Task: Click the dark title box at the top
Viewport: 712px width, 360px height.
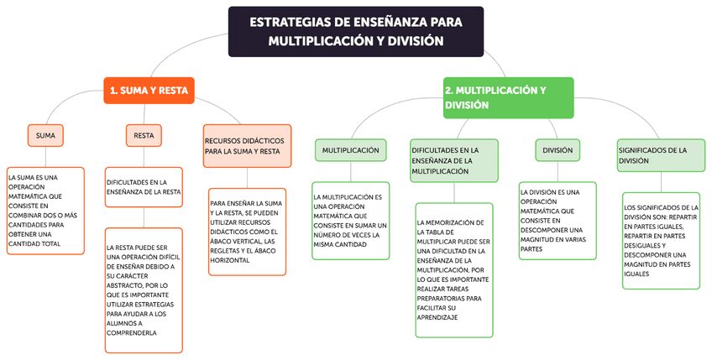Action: pos(355,32)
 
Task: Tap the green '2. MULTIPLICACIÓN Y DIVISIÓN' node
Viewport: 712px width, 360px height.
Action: pos(508,97)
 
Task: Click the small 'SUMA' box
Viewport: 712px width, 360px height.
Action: pos(46,134)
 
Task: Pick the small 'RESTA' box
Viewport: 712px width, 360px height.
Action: pos(144,134)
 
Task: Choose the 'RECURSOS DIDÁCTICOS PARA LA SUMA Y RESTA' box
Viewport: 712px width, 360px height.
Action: pos(247,146)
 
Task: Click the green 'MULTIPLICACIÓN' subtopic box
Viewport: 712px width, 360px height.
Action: pos(351,150)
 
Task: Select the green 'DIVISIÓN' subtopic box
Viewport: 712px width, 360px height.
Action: pos(558,150)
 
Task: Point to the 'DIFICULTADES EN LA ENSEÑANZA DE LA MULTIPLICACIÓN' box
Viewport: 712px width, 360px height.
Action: pos(454,159)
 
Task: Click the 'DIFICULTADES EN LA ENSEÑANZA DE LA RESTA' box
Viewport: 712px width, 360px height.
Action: pos(144,186)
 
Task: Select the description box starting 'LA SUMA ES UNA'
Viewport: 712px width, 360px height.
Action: pos(45,210)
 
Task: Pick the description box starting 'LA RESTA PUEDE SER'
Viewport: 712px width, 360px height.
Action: pos(144,290)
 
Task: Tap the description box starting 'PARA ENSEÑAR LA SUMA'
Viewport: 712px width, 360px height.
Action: pos(247,232)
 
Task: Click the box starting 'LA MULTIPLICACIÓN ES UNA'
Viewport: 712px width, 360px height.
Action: pos(351,221)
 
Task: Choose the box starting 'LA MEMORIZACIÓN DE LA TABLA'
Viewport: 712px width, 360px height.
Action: pos(454,269)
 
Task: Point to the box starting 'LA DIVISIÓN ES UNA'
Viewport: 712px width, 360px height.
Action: pos(558,221)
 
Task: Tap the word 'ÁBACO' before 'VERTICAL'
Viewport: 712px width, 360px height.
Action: pos(228,241)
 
